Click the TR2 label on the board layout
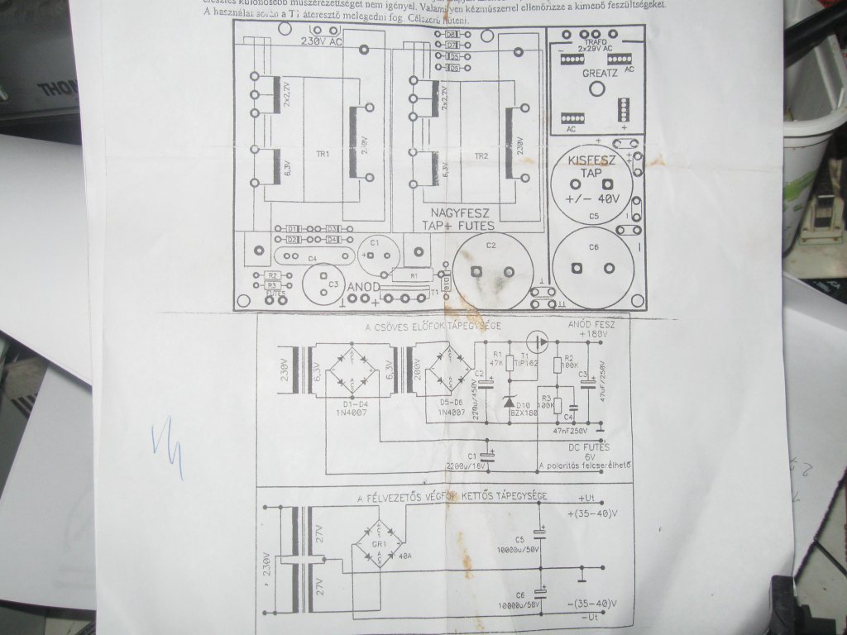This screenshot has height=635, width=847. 481,155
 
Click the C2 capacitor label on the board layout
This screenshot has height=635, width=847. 490,246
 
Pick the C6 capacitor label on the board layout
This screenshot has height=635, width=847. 593,246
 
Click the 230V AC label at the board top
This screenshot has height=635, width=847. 322,41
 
